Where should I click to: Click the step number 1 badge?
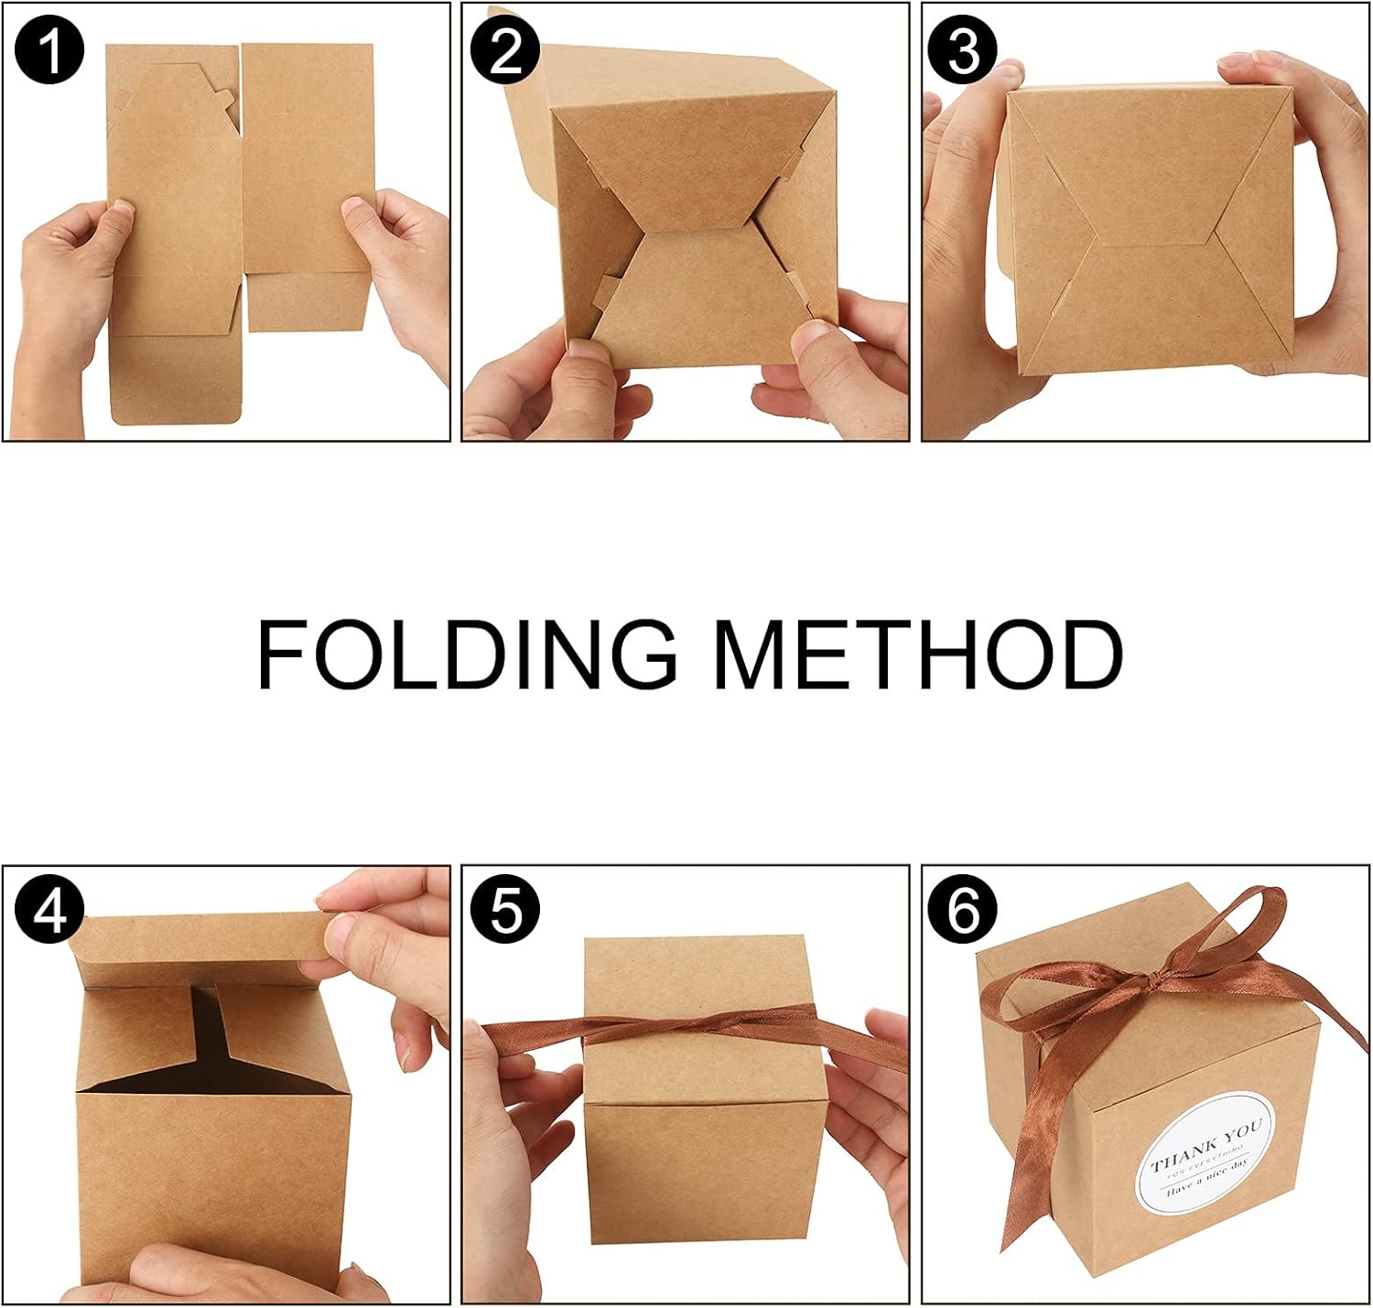[49, 49]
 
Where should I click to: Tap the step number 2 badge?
[504, 49]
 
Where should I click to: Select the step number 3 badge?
[962, 49]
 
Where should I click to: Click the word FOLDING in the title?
[467, 654]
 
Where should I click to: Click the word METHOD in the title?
[919, 654]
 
